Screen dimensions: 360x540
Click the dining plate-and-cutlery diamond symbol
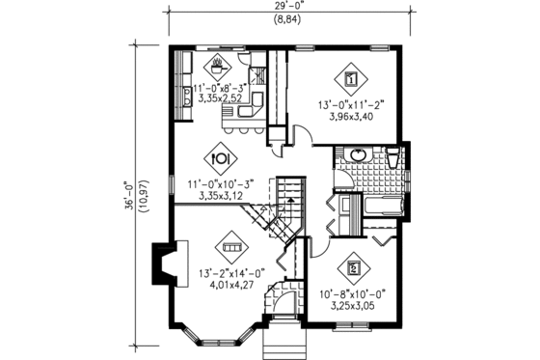pos(221,155)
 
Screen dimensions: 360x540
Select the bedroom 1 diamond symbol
pos(351,79)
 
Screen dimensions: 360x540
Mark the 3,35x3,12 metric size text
pos(221,195)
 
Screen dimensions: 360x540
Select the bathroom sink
pos(358,155)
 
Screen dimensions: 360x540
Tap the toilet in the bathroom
pos(394,158)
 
